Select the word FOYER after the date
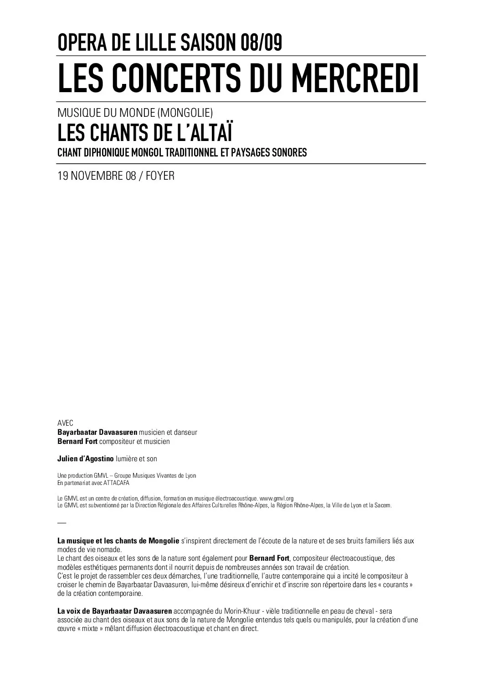point(160,176)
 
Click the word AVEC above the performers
point(65,423)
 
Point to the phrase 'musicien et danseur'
point(168,432)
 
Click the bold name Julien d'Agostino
point(86,459)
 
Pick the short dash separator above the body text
point(62,522)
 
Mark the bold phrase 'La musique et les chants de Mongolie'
point(118,541)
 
